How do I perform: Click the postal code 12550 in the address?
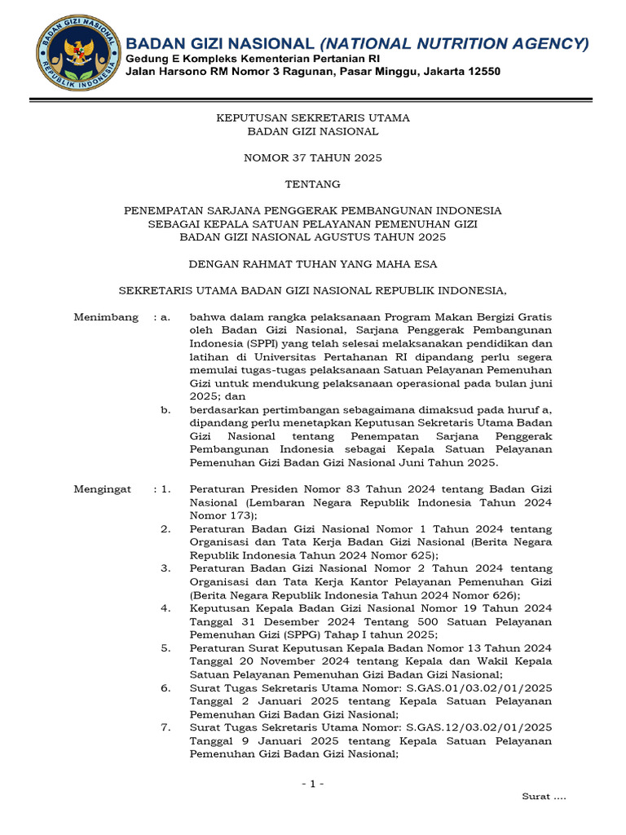(482, 72)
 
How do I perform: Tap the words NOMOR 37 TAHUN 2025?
(313, 157)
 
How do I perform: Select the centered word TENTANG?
(313, 184)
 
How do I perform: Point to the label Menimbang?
(106, 317)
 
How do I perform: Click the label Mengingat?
(103, 489)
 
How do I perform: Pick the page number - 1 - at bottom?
(313, 784)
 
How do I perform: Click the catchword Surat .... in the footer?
(544, 796)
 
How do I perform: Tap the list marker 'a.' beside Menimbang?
(165, 317)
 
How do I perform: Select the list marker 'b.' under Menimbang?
(165, 409)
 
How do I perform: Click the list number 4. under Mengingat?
(165, 608)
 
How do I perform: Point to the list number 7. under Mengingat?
(165, 727)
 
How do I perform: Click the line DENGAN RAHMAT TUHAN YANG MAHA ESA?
(313, 263)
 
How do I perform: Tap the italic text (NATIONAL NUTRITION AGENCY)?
(453, 43)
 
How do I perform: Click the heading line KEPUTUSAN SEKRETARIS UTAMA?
(313, 118)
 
